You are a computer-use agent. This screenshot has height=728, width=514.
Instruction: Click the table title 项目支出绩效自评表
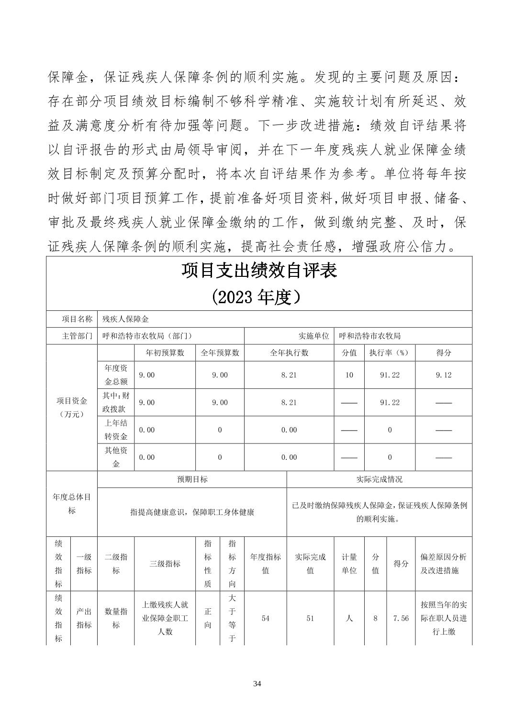pyautogui.click(x=259, y=271)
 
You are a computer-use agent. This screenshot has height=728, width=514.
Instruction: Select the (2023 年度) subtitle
pyautogui.click(x=259, y=297)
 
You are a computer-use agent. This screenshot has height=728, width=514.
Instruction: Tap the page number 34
pyautogui.click(x=257, y=683)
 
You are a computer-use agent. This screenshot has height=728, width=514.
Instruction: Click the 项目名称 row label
pyautogui.click(x=77, y=319)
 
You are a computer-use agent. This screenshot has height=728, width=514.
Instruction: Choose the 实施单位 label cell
pyautogui.click(x=313, y=336)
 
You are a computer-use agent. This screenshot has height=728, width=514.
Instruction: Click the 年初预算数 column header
pyautogui.click(x=165, y=353)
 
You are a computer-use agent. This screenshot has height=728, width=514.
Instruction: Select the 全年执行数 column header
pyautogui.click(x=289, y=353)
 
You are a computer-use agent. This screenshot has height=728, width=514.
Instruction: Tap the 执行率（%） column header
pyautogui.click(x=390, y=353)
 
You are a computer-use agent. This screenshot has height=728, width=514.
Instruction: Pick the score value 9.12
pyautogui.click(x=443, y=375)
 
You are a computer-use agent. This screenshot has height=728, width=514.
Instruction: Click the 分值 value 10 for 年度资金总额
pyautogui.click(x=349, y=375)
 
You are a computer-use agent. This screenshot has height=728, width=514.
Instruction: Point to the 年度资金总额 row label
pyautogui.click(x=116, y=375)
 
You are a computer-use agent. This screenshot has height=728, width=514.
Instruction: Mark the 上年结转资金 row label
pyautogui.click(x=116, y=430)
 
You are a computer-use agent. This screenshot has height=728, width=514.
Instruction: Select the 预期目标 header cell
pyautogui.click(x=192, y=479)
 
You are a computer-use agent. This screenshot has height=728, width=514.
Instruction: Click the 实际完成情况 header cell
pyautogui.click(x=379, y=479)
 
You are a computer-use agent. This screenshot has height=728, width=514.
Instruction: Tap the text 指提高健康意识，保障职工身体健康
pyautogui.click(x=192, y=512)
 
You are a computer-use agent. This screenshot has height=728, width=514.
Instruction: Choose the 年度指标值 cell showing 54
pyautogui.click(x=266, y=618)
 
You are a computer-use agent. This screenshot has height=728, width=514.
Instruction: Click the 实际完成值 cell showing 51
pyautogui.click(x=310, y=618)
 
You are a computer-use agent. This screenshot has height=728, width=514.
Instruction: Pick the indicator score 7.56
pyautogui.click(x=401, y=618)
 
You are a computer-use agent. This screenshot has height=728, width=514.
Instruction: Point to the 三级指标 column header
pyautogui.click(x=165, y=564)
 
